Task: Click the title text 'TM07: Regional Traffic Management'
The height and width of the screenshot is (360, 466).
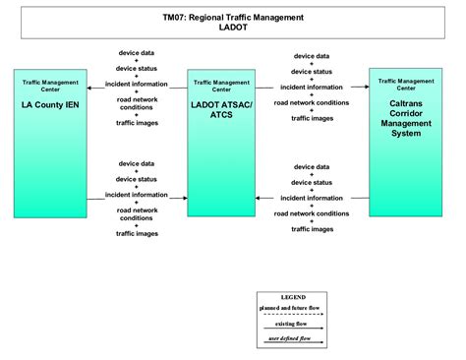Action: point(233,18)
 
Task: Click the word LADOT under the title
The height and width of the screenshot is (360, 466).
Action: point(233,28)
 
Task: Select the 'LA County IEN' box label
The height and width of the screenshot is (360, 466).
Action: point(50,102)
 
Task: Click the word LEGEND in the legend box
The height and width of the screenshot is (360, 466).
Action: point(293,296)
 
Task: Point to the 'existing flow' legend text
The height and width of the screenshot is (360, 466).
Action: point(293,323)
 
